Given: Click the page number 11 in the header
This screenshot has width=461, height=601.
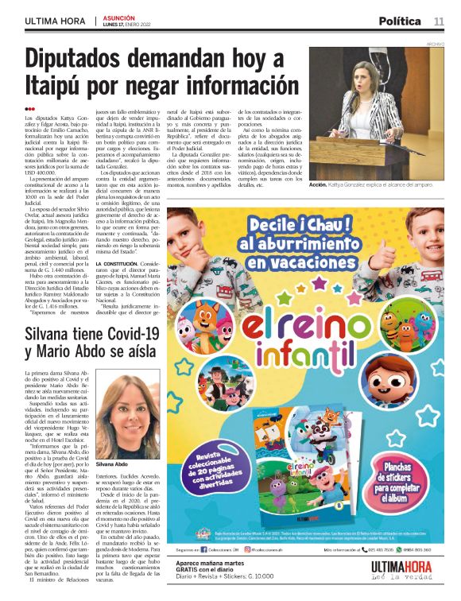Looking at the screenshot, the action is pos(439,21).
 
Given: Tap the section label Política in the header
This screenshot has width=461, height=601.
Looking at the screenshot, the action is pos(400,21).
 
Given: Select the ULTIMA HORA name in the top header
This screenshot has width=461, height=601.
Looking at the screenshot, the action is pos(54,21).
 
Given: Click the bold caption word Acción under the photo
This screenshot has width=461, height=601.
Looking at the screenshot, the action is pos(318,184).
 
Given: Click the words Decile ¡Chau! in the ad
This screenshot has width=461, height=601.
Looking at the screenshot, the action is pos(309,223).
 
